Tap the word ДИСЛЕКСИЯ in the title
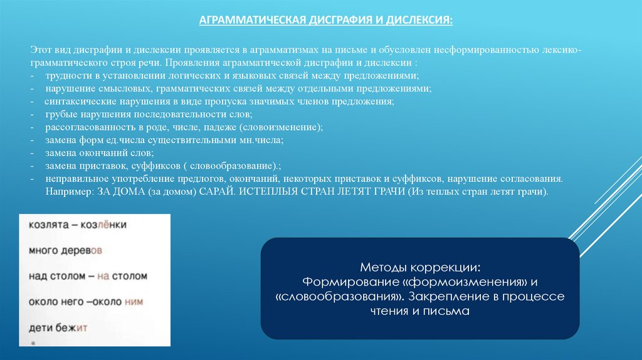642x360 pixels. click(x=419, y=19)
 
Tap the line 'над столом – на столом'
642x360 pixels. click(x=87, y=275)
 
